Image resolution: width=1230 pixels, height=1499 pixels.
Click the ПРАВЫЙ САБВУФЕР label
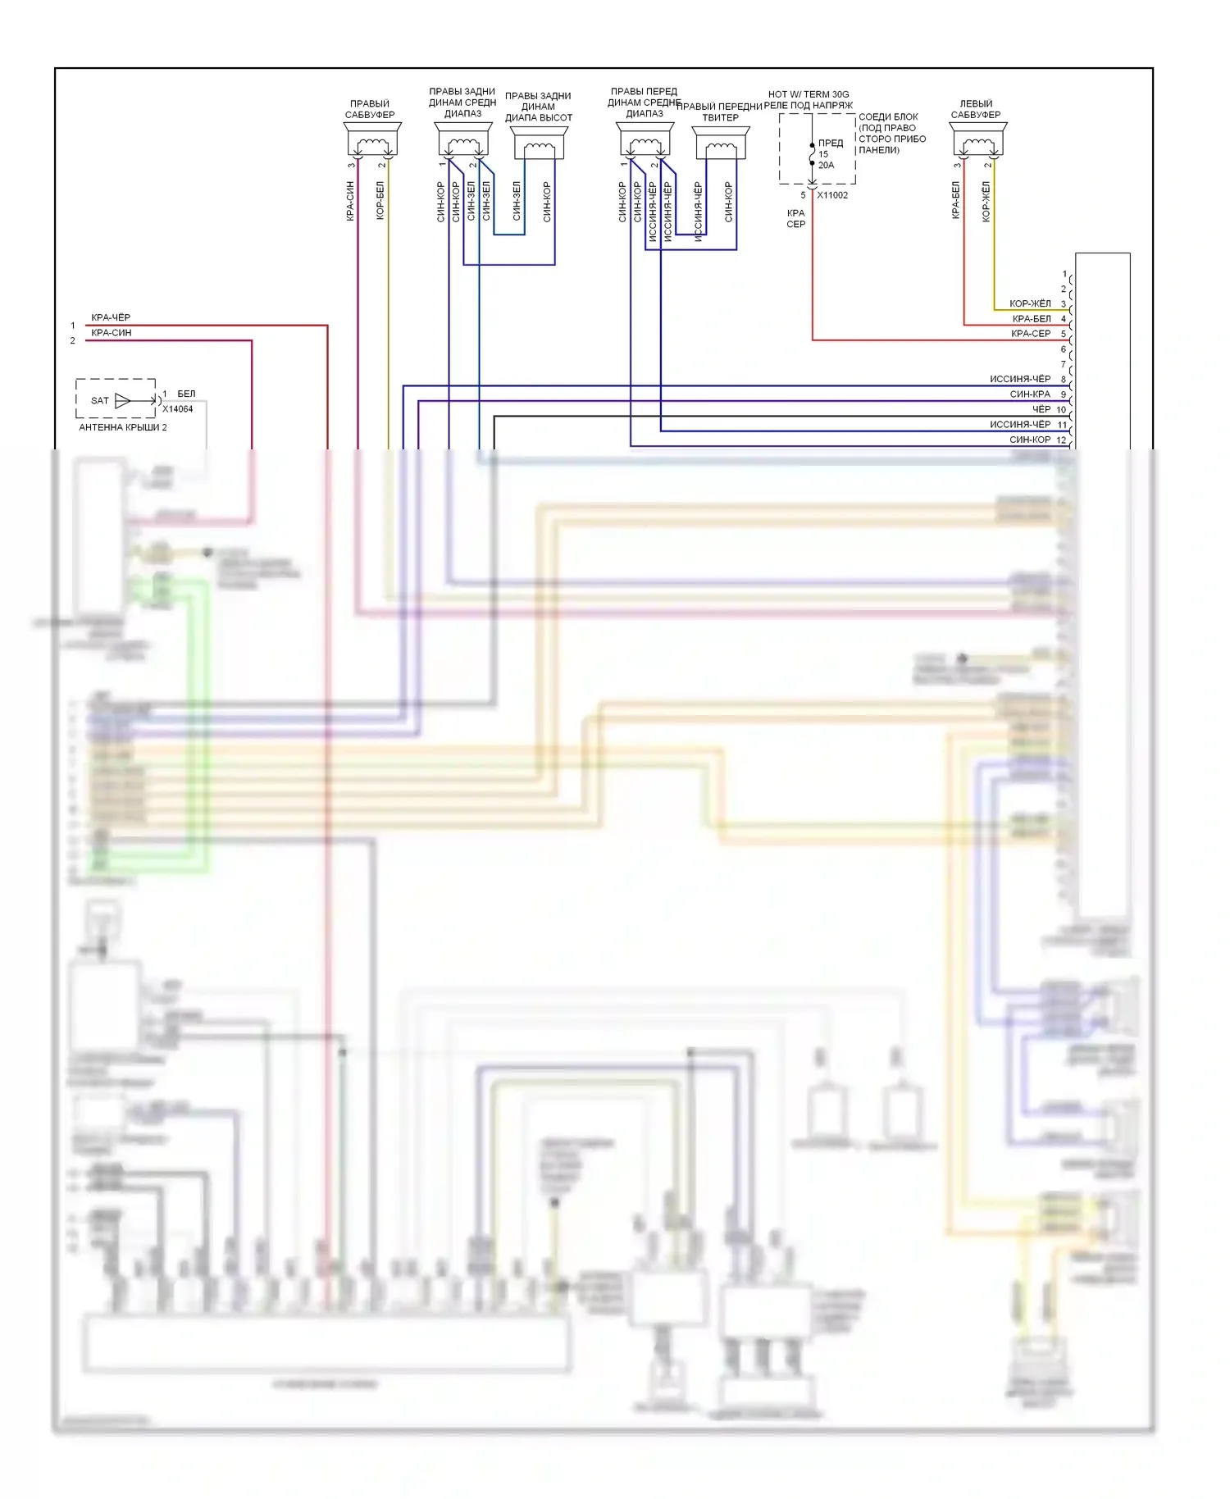pyautogui.click(x=370, y=109)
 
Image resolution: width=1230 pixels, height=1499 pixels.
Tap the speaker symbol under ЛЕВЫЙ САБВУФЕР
pyautogui.click(x=977, y=143)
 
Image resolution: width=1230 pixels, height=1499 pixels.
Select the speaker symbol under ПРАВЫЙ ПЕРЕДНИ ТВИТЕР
pyautogui.click(x=721, y=145)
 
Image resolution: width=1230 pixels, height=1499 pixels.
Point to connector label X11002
pyautogui.click(x=832, y=195)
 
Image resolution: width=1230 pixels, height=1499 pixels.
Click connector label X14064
pyautogui.click(x=178, y=409)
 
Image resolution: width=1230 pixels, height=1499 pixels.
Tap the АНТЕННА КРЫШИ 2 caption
pyautogui.click(x=122, y=427)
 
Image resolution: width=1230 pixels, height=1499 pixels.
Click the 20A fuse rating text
pyautogui.click(x=826, y=165)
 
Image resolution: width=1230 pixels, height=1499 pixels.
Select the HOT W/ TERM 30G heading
pyautogui.click(x=809, y=94)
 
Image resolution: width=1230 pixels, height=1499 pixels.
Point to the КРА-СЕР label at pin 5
pyautogui.click(x=1031, y=334)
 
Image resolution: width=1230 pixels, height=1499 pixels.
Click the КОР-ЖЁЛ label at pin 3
pyautogui.click(x=1030, y=303)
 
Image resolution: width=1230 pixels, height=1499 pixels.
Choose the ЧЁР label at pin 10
pyautogui.click(x=1041, y=409)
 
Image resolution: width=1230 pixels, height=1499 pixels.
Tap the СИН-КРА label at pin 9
pyautogui.click(x=1030, y=394)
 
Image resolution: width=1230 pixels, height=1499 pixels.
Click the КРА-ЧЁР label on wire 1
pyautogui.click(x=111, y=317)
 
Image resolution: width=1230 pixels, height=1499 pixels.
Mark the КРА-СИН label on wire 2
pyautogui.click(x=111, y=333)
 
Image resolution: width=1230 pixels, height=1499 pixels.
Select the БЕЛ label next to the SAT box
pyautogui.click(x=186, y=394)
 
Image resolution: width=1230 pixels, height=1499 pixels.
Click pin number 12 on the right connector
pyautogui.click(x=1061, y=440)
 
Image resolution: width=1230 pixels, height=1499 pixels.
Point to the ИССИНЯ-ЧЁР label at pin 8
pyautogui.click(x=1019, y=379)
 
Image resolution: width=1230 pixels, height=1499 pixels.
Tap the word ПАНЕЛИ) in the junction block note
pyautogui.click(x=879, y=150)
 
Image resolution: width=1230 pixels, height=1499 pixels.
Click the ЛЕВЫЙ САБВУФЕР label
pyautogui.click(x=976, y=109)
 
